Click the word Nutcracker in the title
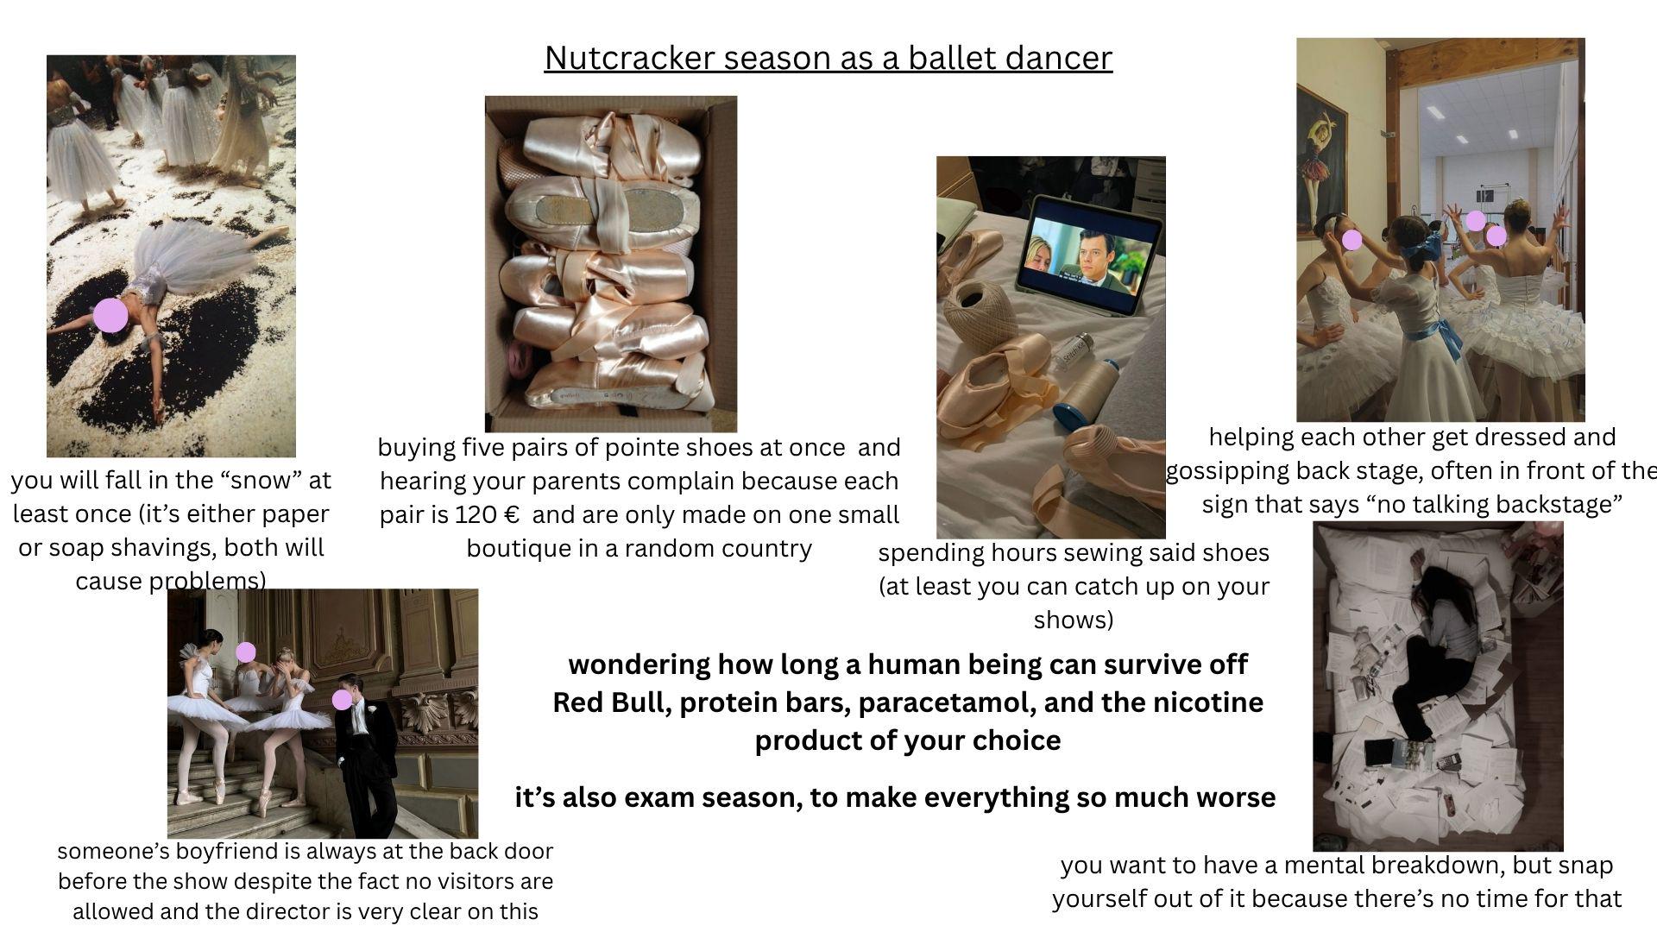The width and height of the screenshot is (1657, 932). pos(630,58)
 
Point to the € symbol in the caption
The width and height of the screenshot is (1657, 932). pos(511,515)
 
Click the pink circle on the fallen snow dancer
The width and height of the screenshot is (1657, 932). pos(110,315)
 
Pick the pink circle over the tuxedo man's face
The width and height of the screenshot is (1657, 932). pos(343,699)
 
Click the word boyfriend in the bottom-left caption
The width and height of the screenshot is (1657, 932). pos(223,852)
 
